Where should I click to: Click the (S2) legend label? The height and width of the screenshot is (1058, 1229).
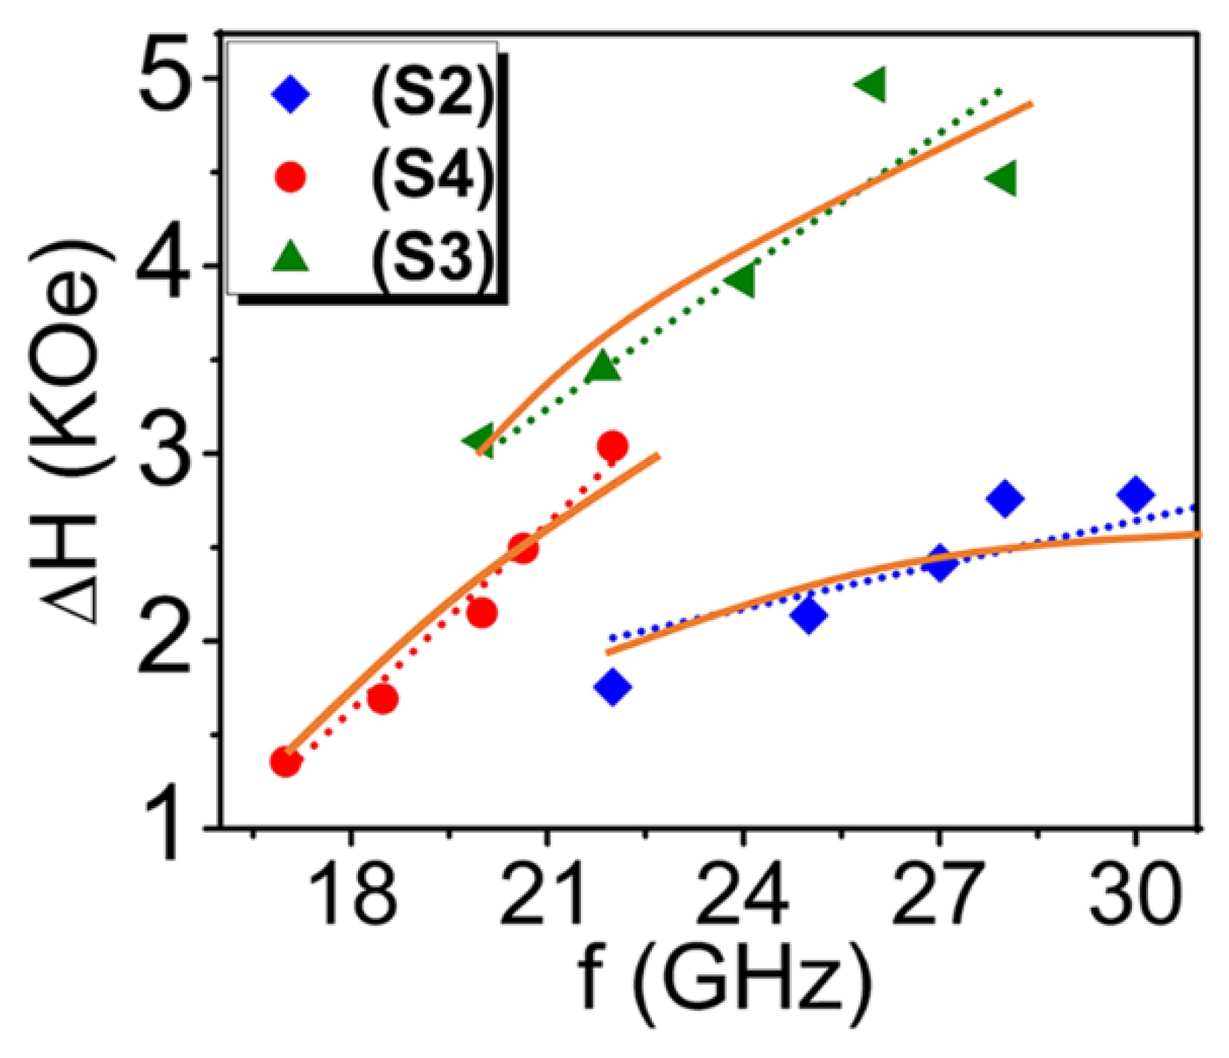click(x=432, y=96)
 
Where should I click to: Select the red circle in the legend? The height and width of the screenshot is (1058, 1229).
click(x=291, y=177)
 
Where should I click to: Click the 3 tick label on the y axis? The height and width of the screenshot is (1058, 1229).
click(x=164, y=453)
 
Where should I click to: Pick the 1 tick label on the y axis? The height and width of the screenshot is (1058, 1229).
click(x=164, y=828)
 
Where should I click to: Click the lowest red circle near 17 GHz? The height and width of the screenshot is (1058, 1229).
click(x=286, y=762)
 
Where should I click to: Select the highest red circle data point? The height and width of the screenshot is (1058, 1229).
click(x=612, y=446)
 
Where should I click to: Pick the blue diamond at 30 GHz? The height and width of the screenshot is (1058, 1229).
click(x=1136, y=494)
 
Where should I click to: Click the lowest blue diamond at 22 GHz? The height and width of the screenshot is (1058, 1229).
click(x=613, y=686)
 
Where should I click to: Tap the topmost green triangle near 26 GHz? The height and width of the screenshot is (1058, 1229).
click(x=872, y=83)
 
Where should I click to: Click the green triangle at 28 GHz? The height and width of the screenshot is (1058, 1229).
click(x=1003, y=178)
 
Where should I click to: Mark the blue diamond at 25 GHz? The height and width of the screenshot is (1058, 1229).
click(x=809, y=615)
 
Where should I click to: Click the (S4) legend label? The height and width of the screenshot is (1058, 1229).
click(x=432, y=176)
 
